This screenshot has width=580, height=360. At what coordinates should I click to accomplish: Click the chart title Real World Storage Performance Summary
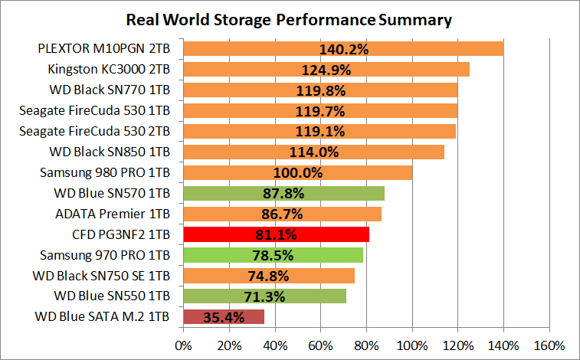290,18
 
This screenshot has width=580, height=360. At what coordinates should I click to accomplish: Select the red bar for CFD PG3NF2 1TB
276,234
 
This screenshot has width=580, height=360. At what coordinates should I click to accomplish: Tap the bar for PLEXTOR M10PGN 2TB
343,49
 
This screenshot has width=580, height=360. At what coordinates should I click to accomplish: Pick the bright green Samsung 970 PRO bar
273,255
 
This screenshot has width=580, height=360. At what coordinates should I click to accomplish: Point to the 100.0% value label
298,172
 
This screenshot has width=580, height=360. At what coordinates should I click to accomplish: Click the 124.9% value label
326,70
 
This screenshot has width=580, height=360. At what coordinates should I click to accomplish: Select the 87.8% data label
284,193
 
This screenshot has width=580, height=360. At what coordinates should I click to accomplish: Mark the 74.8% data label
269,276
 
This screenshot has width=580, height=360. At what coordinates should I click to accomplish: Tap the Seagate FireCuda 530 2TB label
94,131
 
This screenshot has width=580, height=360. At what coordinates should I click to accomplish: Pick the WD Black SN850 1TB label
109,152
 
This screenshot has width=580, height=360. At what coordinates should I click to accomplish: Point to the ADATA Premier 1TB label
113,214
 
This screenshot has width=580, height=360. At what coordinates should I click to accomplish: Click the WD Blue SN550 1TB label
112,296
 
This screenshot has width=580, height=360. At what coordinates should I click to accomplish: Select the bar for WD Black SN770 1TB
320,90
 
